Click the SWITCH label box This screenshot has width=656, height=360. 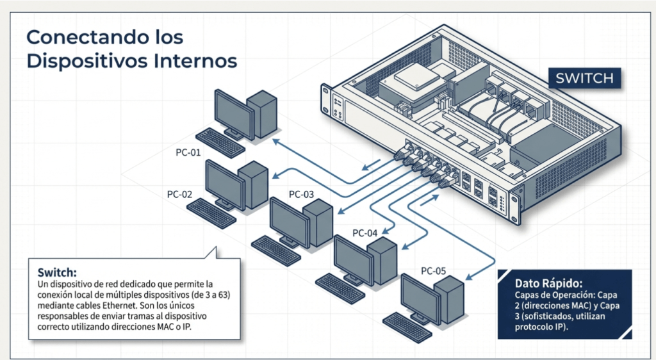click(x=584, y=79)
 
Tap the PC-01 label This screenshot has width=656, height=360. click(x=188, y=153)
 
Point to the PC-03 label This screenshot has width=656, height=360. click(x=302, y=194)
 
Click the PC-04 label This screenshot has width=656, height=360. click(x=365, y=233)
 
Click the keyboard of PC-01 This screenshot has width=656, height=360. click(x=220, y=142)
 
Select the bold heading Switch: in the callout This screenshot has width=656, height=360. click(x=57, y=272)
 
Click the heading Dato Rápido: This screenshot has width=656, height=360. click(x=548, y=283)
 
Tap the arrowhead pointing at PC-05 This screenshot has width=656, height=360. click(x=468, y=278)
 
